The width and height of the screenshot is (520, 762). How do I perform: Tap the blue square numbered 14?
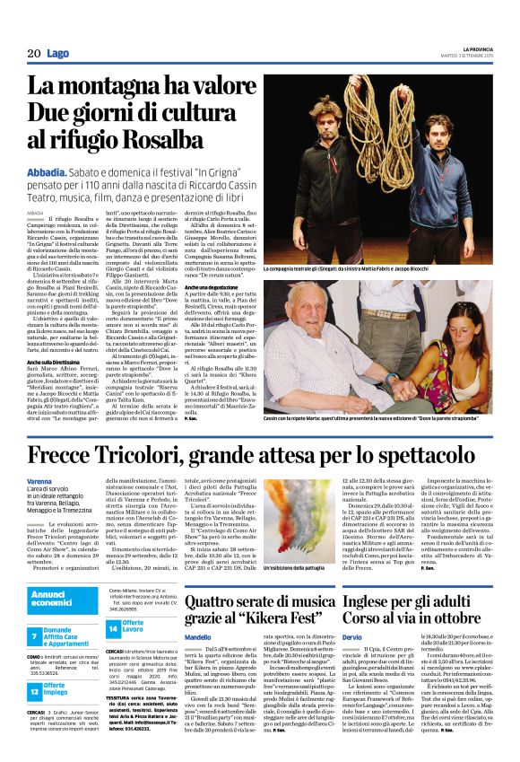pyautogui.click(x=108, y=626)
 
